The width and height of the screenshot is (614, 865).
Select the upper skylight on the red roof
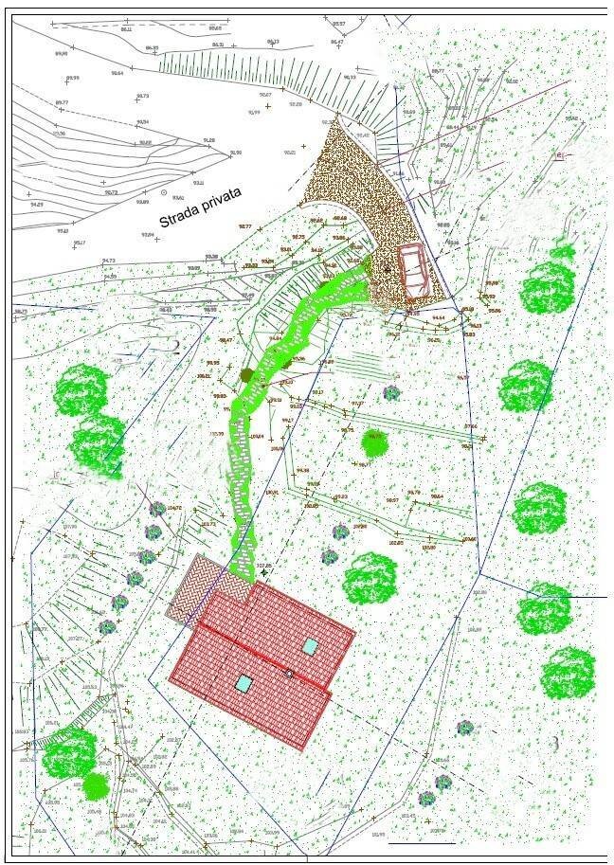pos(311,646)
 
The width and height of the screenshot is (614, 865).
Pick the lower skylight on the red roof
pos(244,683)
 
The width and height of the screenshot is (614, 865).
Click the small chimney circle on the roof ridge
pos(289,673)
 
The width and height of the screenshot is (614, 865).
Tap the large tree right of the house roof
pos(370,578)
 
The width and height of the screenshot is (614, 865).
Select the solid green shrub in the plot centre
pos(375,442)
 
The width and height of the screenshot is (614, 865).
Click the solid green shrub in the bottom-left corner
pos(96,786)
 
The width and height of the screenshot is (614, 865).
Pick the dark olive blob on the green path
pos(247,376)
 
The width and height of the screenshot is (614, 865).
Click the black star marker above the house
pos(263,573)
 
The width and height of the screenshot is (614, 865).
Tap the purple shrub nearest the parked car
pos(391,392)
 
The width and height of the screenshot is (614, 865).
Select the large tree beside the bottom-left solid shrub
pos(68,754)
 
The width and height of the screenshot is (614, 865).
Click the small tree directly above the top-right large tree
pos(563,253)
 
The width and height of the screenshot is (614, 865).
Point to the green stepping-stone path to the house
pos(243,474)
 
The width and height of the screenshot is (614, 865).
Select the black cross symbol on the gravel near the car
pos(387,270)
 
